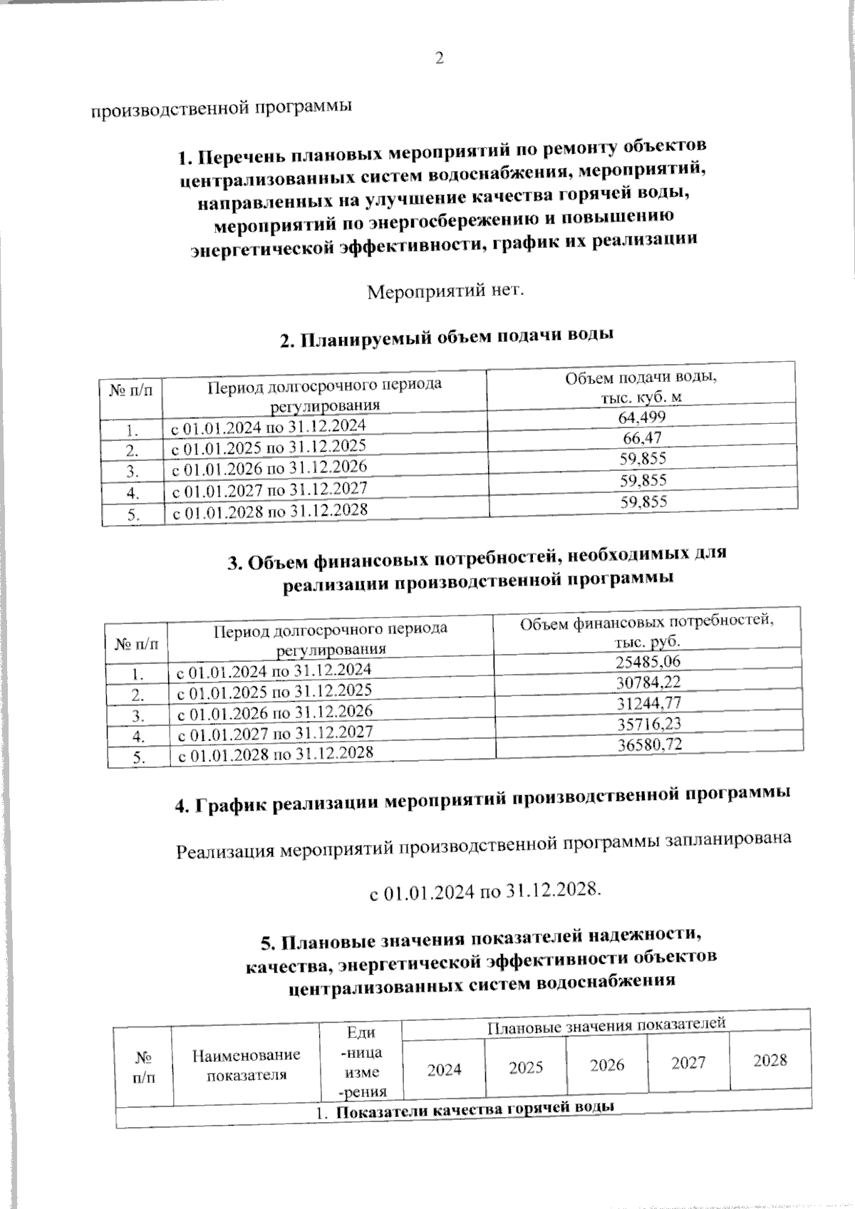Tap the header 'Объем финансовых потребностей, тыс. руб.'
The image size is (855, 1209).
coord(647,631)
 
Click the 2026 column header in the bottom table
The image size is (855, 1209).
coord(607,1064)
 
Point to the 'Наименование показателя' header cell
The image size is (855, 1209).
coord(247,1064)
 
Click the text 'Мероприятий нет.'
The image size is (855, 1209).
coord(445,291)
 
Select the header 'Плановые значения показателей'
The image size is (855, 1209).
coord(606,1024)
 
